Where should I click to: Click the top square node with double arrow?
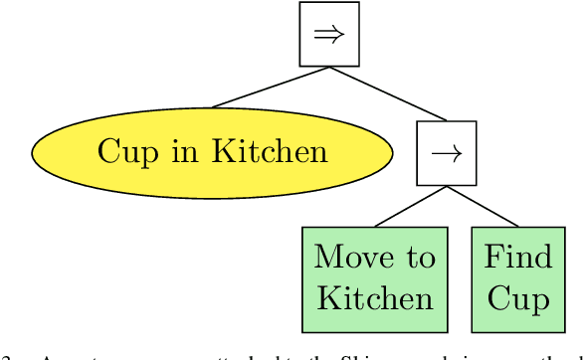[329, 34]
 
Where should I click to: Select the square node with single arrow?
[446, 153]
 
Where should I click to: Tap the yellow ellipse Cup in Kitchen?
[212, 152]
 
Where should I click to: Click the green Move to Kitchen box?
[374, 278]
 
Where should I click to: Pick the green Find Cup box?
[517, 278]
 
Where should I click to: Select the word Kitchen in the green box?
[374, 299]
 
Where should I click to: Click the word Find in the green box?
[517, 258]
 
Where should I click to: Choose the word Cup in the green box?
[517, 300]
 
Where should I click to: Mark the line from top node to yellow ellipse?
[270, 88]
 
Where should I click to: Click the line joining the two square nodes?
[387, 94]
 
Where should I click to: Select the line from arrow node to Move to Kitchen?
[410, 207]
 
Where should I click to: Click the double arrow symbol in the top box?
[329, 34]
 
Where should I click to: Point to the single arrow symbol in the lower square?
[446, 153]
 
